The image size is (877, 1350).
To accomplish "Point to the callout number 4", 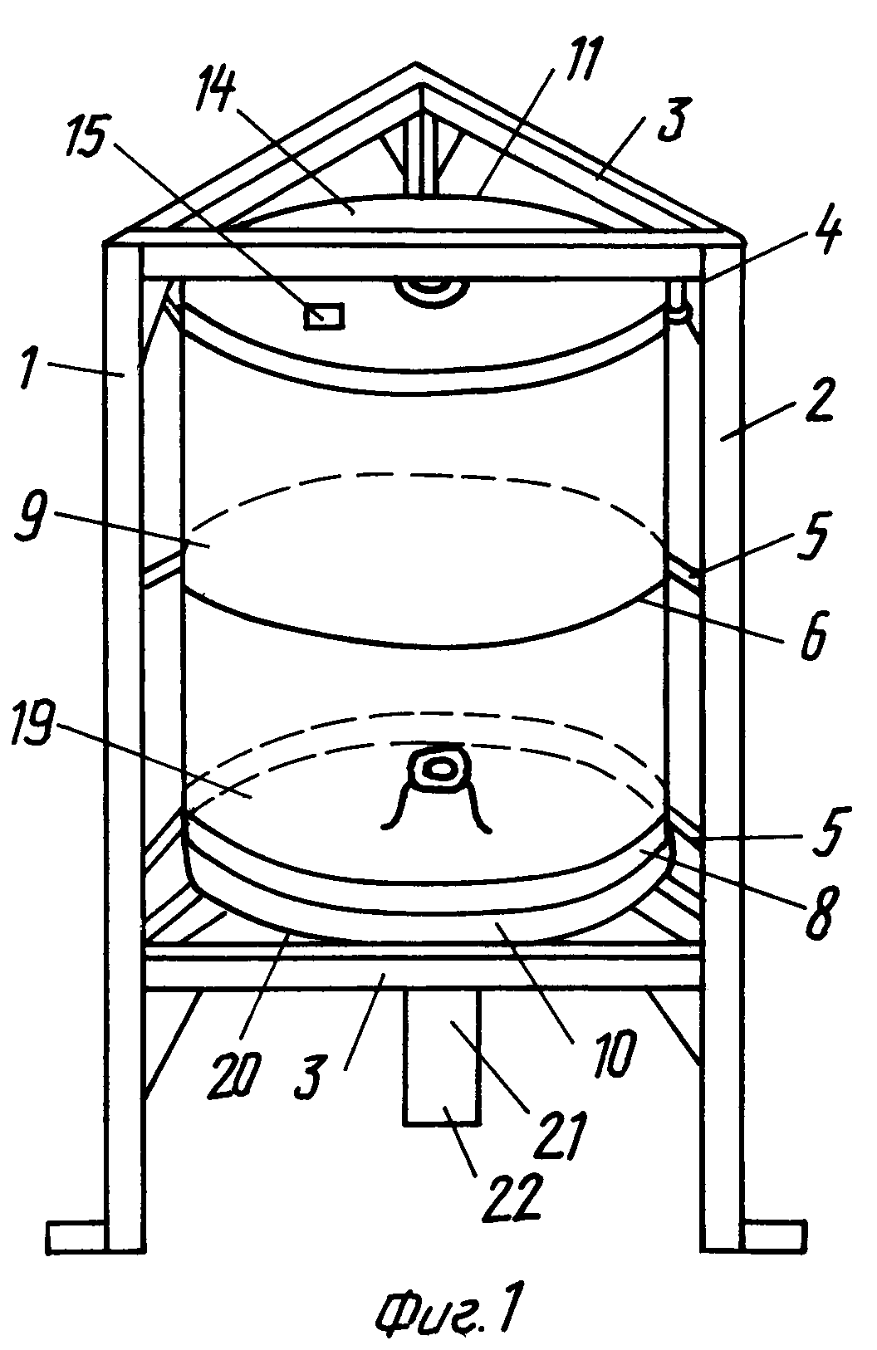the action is [x=826, y=229].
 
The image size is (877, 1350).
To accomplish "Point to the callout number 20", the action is [x=236, y=1075].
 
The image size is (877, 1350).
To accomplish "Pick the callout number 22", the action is [x=512, y=1199].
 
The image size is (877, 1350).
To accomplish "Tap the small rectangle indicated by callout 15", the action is [x=324, y=316].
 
